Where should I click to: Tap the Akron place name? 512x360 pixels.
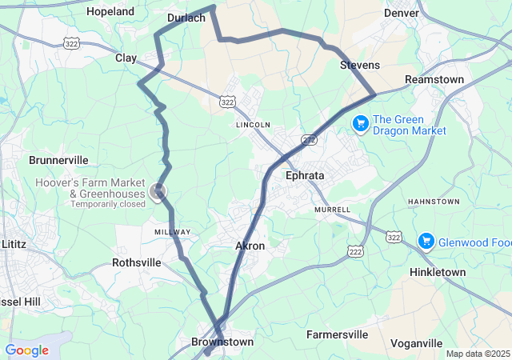pos(250,246)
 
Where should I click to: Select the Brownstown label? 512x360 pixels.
pos(222,342)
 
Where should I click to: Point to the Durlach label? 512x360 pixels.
pos(186,17)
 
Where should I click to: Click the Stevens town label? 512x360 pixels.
pos(360,64)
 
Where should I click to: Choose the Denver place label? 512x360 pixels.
pos(402,13)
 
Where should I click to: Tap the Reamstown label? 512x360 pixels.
pos(434,79)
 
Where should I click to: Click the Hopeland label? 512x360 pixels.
pos(110,12)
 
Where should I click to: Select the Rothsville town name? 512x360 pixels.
pos(137,262)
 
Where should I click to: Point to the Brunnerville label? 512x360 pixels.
pos(58,160)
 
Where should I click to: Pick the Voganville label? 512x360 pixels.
pos(417,343)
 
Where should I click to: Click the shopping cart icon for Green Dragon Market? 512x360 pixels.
pos(361,122)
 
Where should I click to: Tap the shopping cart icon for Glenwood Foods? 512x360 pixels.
pos(426,240)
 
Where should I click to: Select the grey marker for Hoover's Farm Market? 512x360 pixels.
pos(158,190)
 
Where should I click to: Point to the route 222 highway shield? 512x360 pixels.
pos(354,251)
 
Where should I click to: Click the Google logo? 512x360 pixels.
pos(26,350)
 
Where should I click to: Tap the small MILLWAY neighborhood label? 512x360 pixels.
pos(173,232)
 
